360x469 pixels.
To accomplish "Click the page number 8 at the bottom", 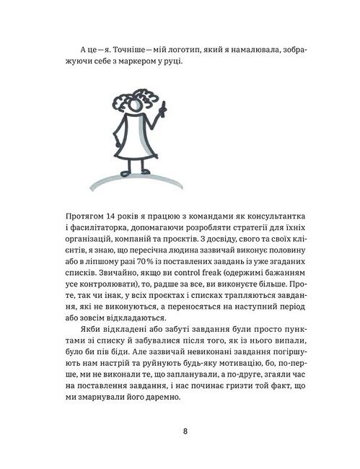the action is [x=185, y=431].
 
